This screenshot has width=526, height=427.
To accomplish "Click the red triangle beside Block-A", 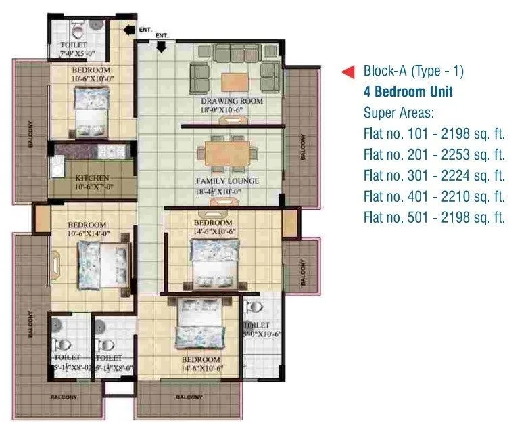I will click(x=348, y=71).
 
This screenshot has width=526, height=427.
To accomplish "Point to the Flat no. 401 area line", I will click(x=434, y=197).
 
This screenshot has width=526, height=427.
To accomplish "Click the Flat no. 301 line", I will click(x=434, y=176).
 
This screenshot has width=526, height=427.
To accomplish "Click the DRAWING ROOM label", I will click(x=231, y=101).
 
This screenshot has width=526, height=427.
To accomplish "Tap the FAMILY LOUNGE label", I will click(x=227, y=181).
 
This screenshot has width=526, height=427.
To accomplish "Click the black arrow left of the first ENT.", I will click(x=129, y=28).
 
